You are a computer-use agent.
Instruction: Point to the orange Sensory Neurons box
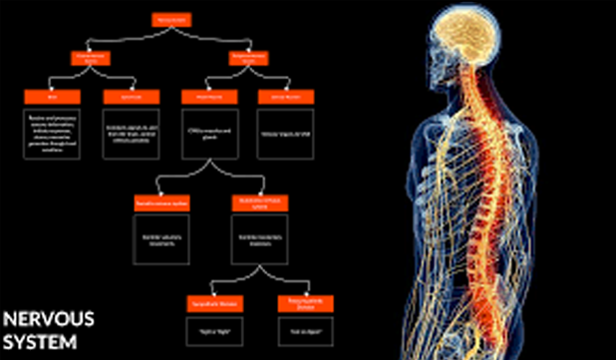point(279,97)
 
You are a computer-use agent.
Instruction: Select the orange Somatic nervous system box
point(161,202)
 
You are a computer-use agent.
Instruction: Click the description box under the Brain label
point(51,133)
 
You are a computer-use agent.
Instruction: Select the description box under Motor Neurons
point(206,135)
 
